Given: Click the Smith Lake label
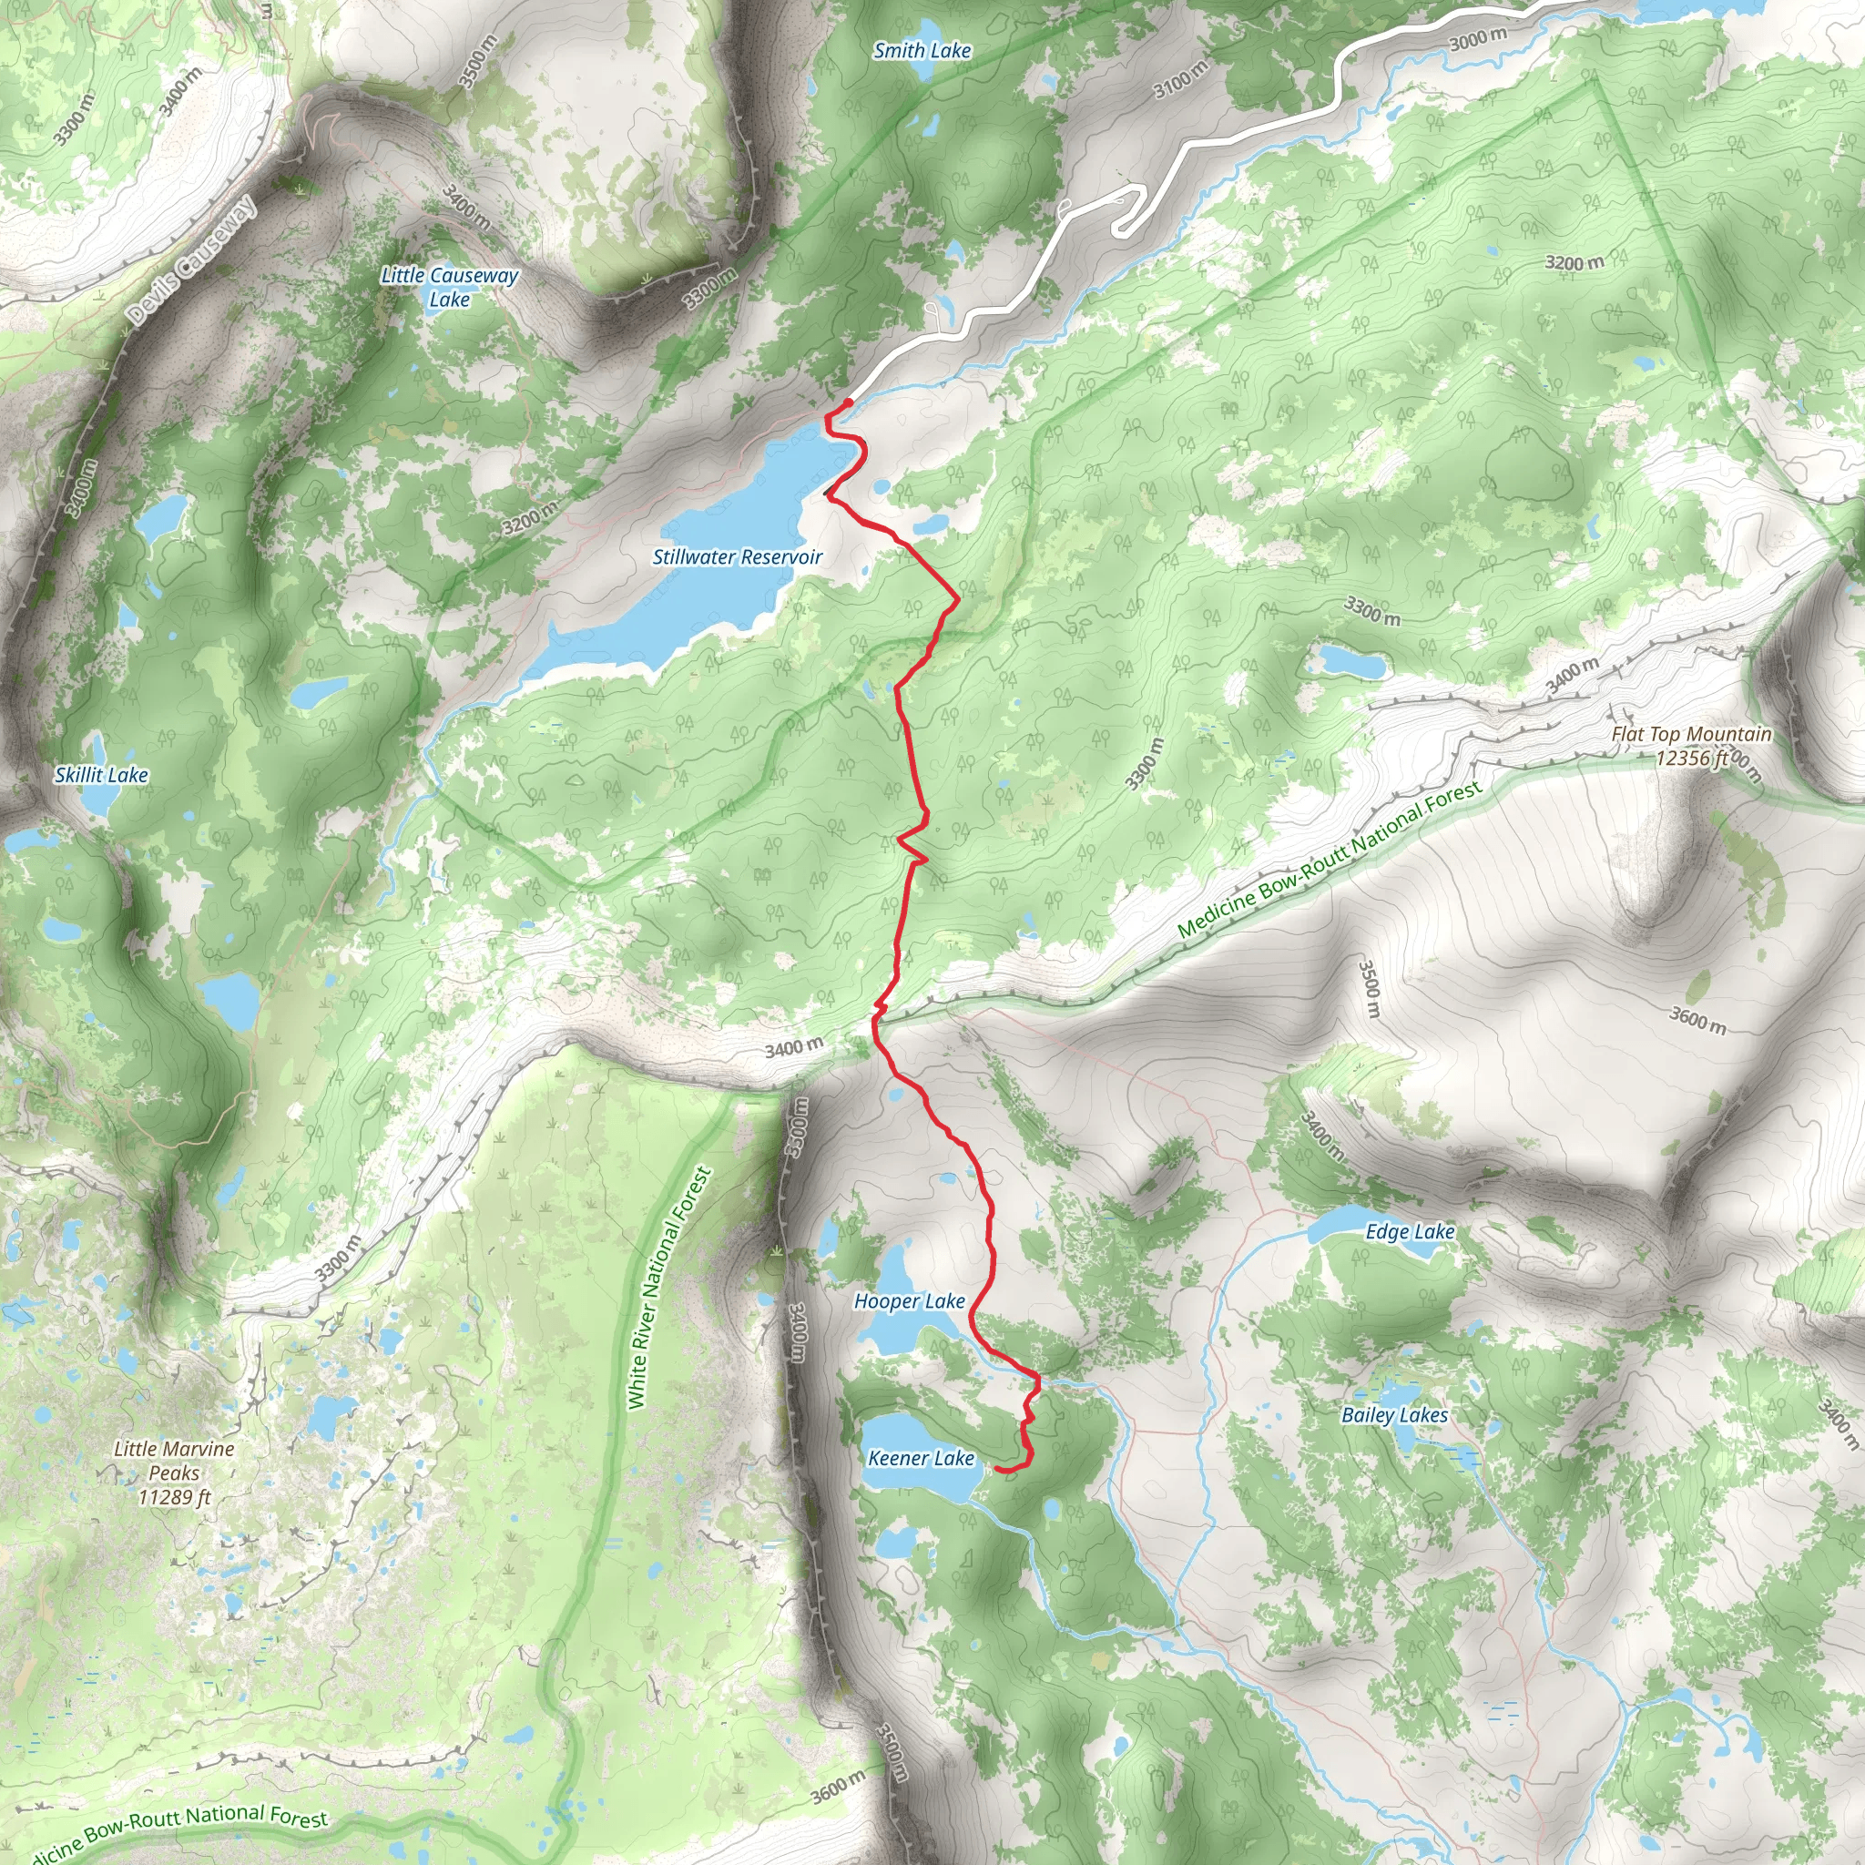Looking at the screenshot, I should click(922, 51).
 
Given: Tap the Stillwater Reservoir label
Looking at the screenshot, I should click(738, 557).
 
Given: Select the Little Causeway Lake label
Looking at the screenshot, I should click(450, 287).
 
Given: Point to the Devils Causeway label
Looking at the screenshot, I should click(192, 260).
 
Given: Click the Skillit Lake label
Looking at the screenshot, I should click(101, 775).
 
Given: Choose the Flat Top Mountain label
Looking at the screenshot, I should click(1691, 735).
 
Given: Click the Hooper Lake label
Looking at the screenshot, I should click(910, 1301).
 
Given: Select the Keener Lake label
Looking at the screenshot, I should click(921, 1459).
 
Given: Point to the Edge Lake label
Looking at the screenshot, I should click(1410, 1232).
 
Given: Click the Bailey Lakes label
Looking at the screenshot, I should click(1395, 1415).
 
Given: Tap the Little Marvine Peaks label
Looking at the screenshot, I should click(175, 1461).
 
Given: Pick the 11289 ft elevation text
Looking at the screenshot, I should click(175, 1497).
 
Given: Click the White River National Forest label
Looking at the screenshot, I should click(668, 1289).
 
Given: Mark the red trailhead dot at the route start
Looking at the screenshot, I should click(848, 403).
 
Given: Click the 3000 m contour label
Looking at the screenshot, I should click(1478, 39).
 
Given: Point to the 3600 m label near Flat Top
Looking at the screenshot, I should click(1698, 1019).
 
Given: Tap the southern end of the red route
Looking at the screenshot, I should click(996, 1469).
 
